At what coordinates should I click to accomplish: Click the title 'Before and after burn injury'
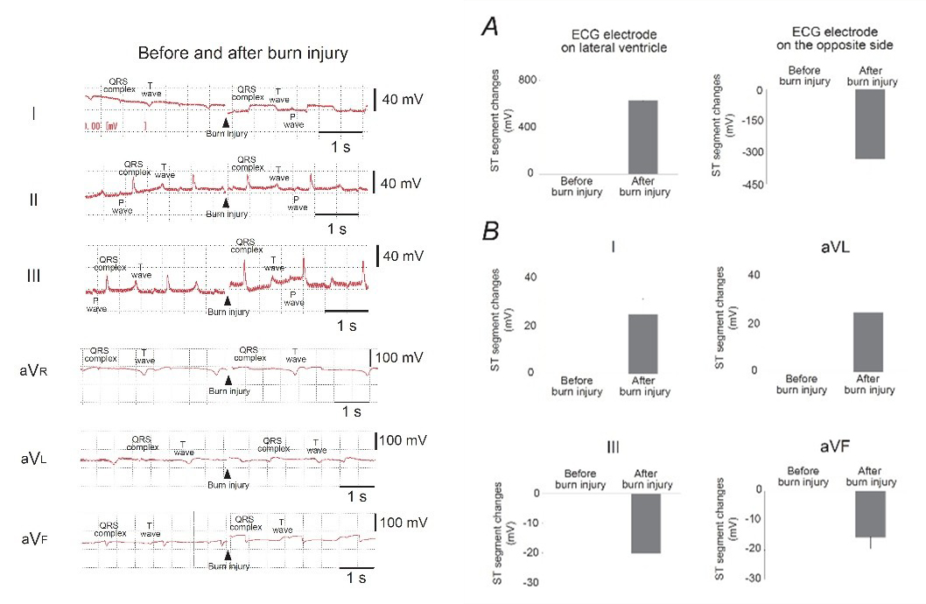pyautogui.click(x=243, y=53)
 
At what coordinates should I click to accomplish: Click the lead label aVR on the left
pyautogui.click(x=32, y=371)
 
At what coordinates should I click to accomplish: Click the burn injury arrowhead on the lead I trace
pyautogui.click(x=227, y=123)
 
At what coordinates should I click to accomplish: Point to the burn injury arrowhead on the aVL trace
pyautogui.click(x=227, y=474)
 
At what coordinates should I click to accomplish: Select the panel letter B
pyautogui.click(x=492, y=233)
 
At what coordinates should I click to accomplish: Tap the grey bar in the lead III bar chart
pyautogui.click(x=643, y=523)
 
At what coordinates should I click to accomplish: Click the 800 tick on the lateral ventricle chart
pyautogui.click(x=527, y=81)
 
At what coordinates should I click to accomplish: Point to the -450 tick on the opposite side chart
pyautogui.click(x=751, y=185)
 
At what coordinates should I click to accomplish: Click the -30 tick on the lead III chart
pyautogui.click(x=530, y=583)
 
